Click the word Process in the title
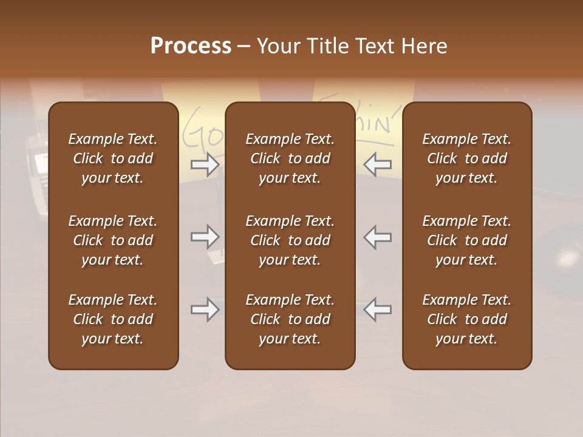click(x=191, y=46)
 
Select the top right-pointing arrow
click(x=205, y=164)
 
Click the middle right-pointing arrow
click(x=205, y=237)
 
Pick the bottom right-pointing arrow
click(x=205, y=310)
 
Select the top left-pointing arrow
click(x=378, y=164)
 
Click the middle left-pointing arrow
click(x=378, y=237)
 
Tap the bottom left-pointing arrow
click(x=378, y=310)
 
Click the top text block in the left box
click(x=113, y=158)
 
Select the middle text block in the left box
click(x=113, y=240)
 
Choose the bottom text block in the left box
click(x=113, y=319)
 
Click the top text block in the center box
click(x=290, y=158)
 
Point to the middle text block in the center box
click(x=290, y=240)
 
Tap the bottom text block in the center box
click(x=290, y=319)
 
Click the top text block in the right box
click(x=467, y=158)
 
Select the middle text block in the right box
click(x=467, y=240)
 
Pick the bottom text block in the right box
click(x=467, y=319)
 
